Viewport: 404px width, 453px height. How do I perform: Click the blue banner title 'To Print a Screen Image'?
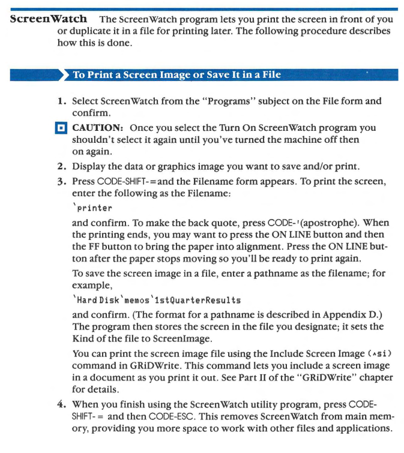pos(176,75)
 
